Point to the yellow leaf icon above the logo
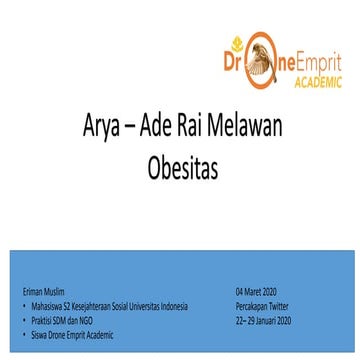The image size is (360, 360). tap(238, 43)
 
